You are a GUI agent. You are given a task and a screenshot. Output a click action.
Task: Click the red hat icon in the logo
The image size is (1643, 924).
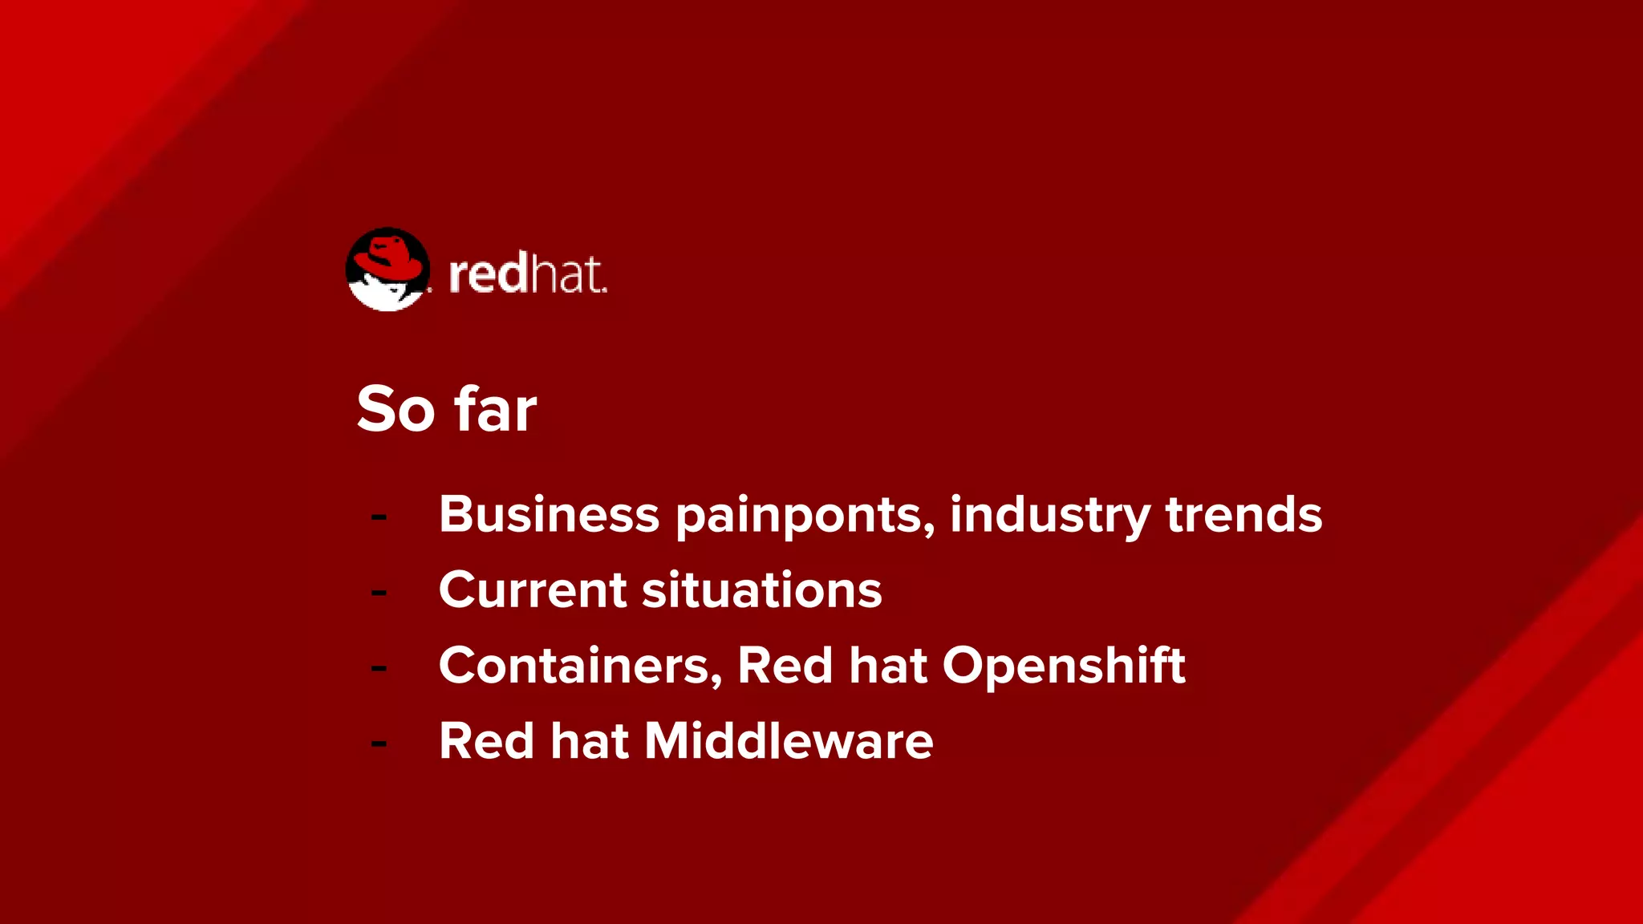click(388, 268)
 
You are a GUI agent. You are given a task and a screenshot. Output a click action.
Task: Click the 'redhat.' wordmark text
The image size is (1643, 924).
click(527, 274)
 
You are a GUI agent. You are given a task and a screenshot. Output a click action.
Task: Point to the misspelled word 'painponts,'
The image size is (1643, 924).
click(805, 515)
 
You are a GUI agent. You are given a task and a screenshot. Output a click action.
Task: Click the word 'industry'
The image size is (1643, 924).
click(1050, 515)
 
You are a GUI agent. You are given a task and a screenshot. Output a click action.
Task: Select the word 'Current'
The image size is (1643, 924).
click(533, 590)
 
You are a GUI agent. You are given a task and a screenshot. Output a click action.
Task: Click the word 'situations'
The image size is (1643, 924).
click(761, 590)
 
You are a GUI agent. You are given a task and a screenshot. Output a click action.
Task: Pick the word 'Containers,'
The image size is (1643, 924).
click(580, 666)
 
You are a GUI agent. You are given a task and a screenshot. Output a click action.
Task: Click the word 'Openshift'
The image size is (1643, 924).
click(1063, 666)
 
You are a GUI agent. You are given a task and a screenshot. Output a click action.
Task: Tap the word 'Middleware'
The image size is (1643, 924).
click(789, 740)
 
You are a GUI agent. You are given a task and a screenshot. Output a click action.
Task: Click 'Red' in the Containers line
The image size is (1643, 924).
click(785, 666)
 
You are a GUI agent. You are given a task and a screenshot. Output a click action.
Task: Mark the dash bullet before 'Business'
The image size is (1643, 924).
click(379, 517)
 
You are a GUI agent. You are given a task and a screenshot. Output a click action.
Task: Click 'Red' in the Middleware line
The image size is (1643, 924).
click(486, 740)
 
